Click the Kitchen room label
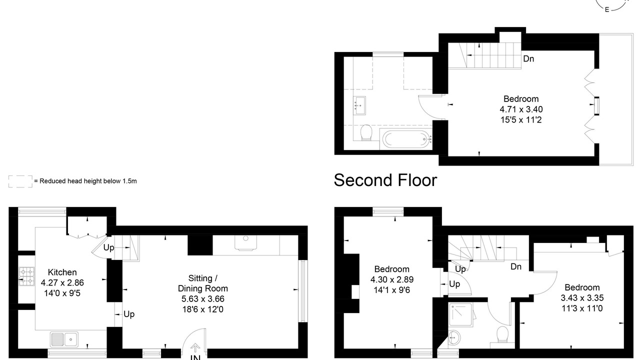click(62, 272)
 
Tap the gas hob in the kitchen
click(26, 276)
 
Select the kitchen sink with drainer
click(64, 339)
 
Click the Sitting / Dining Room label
click(203, 283)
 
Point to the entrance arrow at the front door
click(195, 347)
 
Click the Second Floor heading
click(385, 180)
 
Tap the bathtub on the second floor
click(405, 139)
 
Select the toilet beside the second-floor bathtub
click(366, 132)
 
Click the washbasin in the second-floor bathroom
click(359, 105)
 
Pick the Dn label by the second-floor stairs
click(528, 59)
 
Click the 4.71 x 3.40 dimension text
click(521, 109)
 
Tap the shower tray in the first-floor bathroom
click(460, 314)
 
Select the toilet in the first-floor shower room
click(502, 334)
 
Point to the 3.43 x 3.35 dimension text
click(582, 298)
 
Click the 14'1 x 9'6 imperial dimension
click(391, 290)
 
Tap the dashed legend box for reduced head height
click(20, 181)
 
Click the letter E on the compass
click(607, 9)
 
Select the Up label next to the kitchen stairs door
click(108, 247)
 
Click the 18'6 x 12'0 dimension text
click(203, 309)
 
